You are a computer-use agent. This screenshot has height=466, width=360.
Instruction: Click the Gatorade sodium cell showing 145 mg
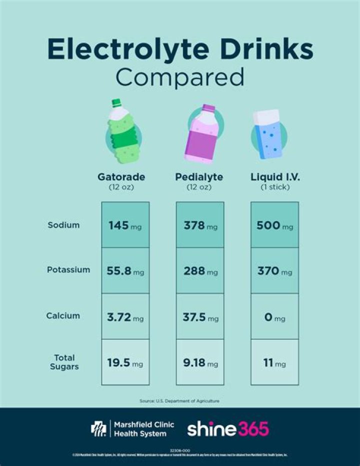(125, 225)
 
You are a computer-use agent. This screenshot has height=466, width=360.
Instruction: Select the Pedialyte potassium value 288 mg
(199, 271)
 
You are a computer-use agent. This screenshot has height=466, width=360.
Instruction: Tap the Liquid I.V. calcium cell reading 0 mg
(274, 318)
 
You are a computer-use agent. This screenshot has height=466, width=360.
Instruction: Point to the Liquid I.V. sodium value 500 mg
(274, 225)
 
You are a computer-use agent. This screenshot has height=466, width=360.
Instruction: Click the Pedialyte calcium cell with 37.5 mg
(199, 318)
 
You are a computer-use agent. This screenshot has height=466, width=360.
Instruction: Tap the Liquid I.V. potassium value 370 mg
(274, 271)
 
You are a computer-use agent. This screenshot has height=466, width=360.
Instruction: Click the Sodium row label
(63, 225)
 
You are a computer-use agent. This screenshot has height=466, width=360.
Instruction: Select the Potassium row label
(68, 270)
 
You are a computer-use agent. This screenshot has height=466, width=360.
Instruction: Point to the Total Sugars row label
(64, 362)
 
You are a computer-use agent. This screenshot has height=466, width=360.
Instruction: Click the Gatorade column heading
(121, 177)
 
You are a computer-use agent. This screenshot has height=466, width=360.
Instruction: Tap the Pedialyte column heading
(199, 177)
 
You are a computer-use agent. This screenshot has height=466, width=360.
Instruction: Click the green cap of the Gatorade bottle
(116, 104)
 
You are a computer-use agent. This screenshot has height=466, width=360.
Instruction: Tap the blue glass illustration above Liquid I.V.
(268, 133)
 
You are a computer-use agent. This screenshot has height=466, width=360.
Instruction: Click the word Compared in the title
(180, 78)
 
